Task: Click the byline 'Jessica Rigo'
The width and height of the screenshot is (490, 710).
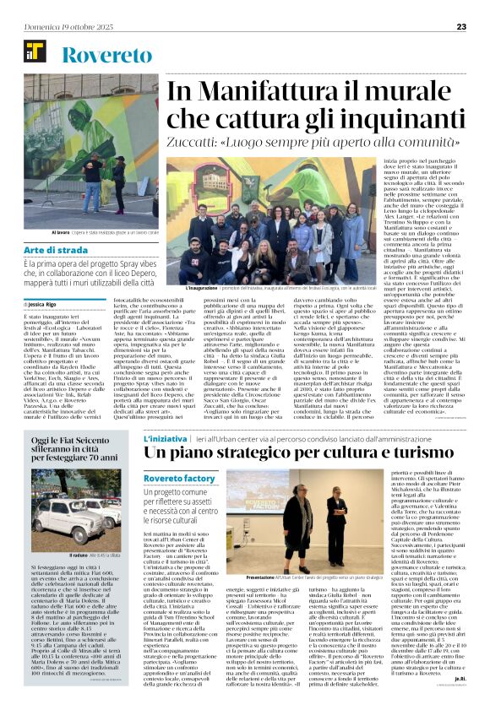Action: pos(41,303)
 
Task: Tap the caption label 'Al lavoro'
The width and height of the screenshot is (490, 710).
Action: pos(61,231)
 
